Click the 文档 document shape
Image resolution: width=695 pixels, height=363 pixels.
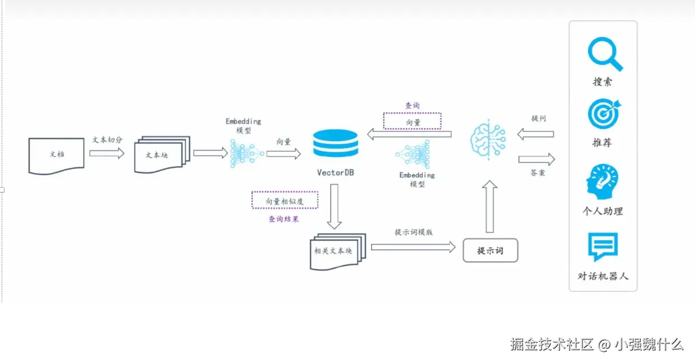click(56, 154)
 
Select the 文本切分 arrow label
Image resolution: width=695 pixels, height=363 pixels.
click(108, 140)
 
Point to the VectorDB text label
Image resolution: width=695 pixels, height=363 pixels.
click(335, 173)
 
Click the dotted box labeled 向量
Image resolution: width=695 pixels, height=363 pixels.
click(412, 122)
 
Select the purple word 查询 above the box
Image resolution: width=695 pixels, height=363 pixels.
click(412, 105)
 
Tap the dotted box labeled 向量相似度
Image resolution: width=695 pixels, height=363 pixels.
click(284, 201)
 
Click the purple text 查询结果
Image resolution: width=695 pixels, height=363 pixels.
click(283, 219)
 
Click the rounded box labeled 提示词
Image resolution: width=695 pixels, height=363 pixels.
click(490, 250)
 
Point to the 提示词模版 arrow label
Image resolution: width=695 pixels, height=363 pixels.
click(413, 232)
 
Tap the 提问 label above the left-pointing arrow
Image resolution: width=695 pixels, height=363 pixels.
click(538, 119)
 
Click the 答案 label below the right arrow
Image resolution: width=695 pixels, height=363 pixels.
click(538, 173)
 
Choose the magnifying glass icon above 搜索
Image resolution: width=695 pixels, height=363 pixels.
click(605, 54)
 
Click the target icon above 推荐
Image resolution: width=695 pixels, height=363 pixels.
click(604, 114)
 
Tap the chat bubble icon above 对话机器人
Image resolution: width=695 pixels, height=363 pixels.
click(603, 247)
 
